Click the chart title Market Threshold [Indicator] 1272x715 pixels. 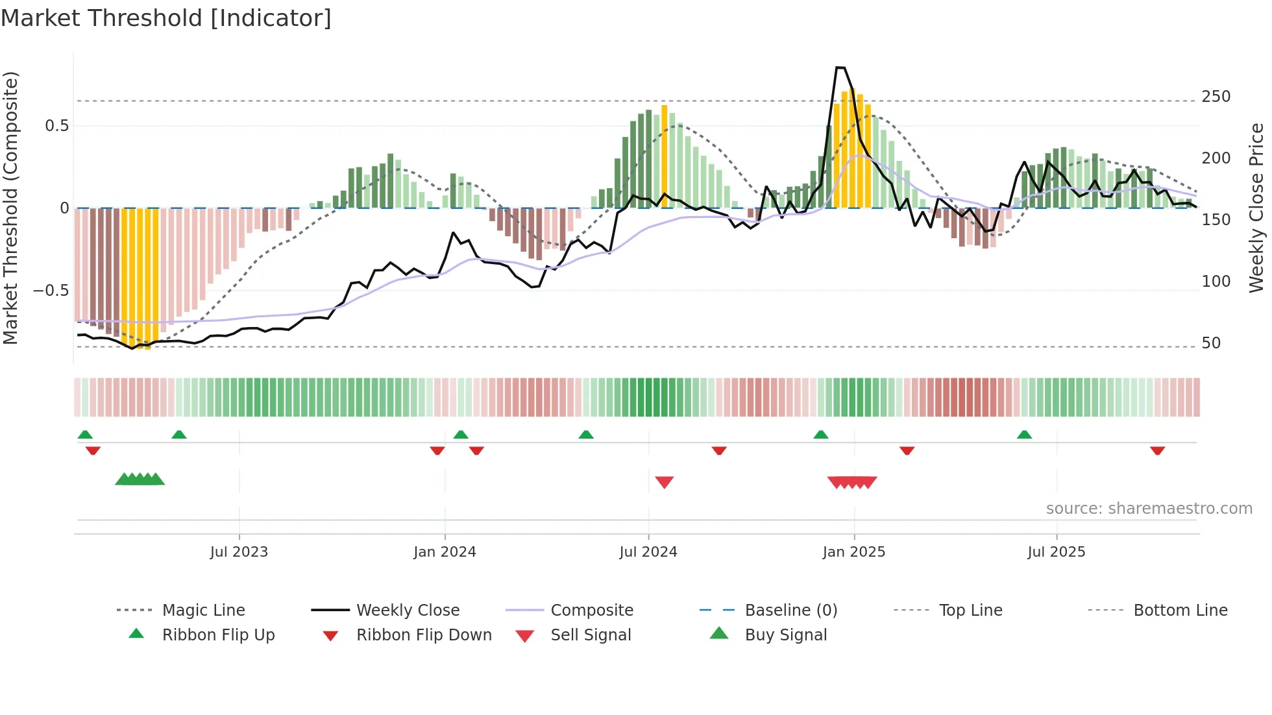[x=166, y=18]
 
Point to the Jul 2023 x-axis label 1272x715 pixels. [x=239, y=551]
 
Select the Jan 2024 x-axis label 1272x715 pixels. [x=445, y=551]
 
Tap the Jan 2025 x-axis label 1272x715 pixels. [x=853, y=551]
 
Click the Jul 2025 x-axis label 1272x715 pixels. [x=1056, y=551]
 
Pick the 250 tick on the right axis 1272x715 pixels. [x=1216, y=97]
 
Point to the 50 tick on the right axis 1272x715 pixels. [x=1211, y=343]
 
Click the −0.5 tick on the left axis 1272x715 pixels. [x=51, y=290]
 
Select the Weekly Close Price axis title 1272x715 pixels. [x=1256, y=208]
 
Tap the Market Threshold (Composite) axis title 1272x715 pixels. [x=10, y=208]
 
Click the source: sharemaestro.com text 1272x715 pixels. [x=1149, y=509]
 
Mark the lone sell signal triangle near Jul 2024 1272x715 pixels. [x=664, y=481]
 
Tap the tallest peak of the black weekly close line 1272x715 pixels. [x=840, y=67]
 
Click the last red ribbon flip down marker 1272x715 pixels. [x=1157, y=450]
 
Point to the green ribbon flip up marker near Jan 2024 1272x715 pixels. [x=461, y=434]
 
